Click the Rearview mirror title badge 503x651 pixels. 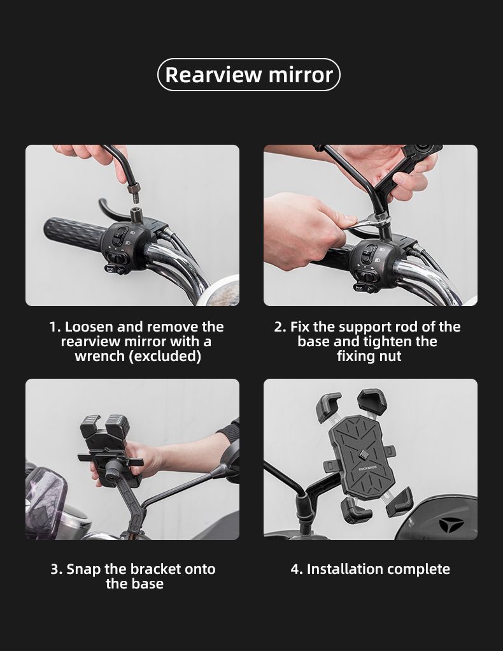249,75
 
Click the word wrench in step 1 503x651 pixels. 99,356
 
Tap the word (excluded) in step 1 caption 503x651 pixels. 165,356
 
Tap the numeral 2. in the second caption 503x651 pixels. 280,327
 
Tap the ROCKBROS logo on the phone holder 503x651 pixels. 367,469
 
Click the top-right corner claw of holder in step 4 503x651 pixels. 372,399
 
